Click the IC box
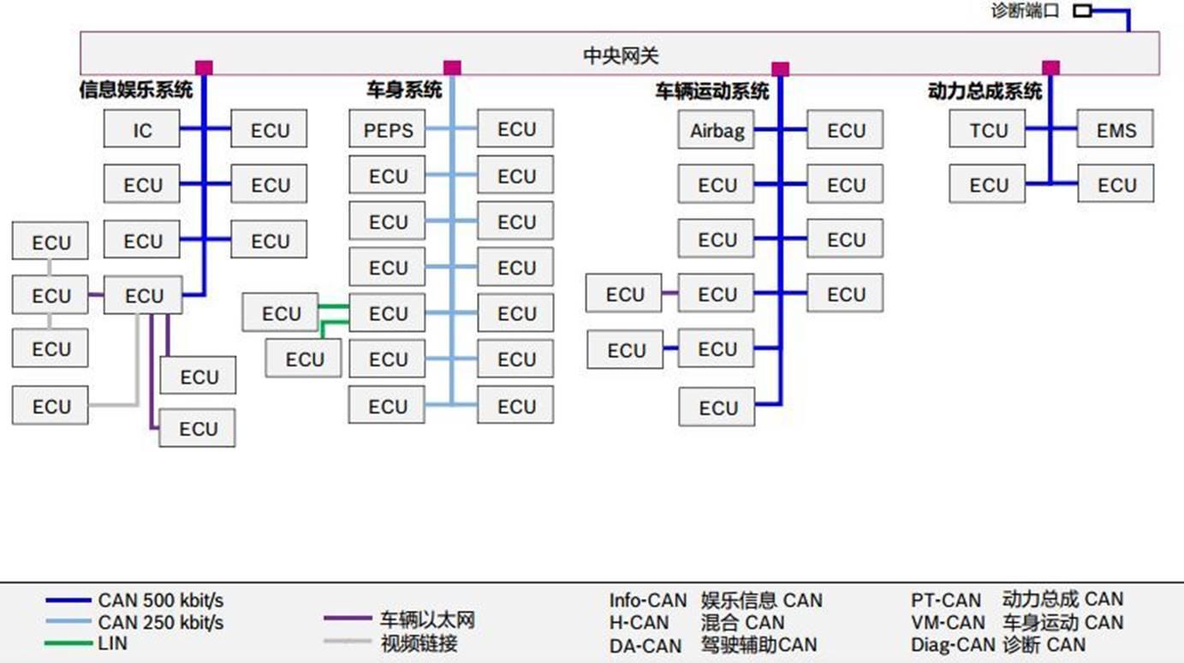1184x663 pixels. [x=142, y=130]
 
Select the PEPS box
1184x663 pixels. [x=388, y=130]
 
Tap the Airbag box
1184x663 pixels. [x=717, y=131]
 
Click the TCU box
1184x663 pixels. [x=988, y=130]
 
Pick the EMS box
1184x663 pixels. [x=1116, y=130]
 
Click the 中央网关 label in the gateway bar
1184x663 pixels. [x=621, y=56]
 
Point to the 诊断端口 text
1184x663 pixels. [x=1025, y=11]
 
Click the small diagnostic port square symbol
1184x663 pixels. [x=1082, y=11]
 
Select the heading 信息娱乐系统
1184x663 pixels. [x=135, y=90]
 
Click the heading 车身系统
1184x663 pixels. [x=404, y=90]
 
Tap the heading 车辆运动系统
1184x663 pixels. [x=712, y=91]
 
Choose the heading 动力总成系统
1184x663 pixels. [x=985, y=91]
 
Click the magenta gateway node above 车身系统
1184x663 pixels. [x=452, y=68]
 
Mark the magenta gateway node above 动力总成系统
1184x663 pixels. [x=1050, y=68]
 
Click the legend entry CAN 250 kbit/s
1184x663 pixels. [x=160, y=623]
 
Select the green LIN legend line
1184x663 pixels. [x=68, y=643]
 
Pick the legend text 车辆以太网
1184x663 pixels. [x=426, y=620]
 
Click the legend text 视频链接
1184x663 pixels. [x=418, y=643]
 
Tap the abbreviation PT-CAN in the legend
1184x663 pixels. [x=946, y=600]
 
